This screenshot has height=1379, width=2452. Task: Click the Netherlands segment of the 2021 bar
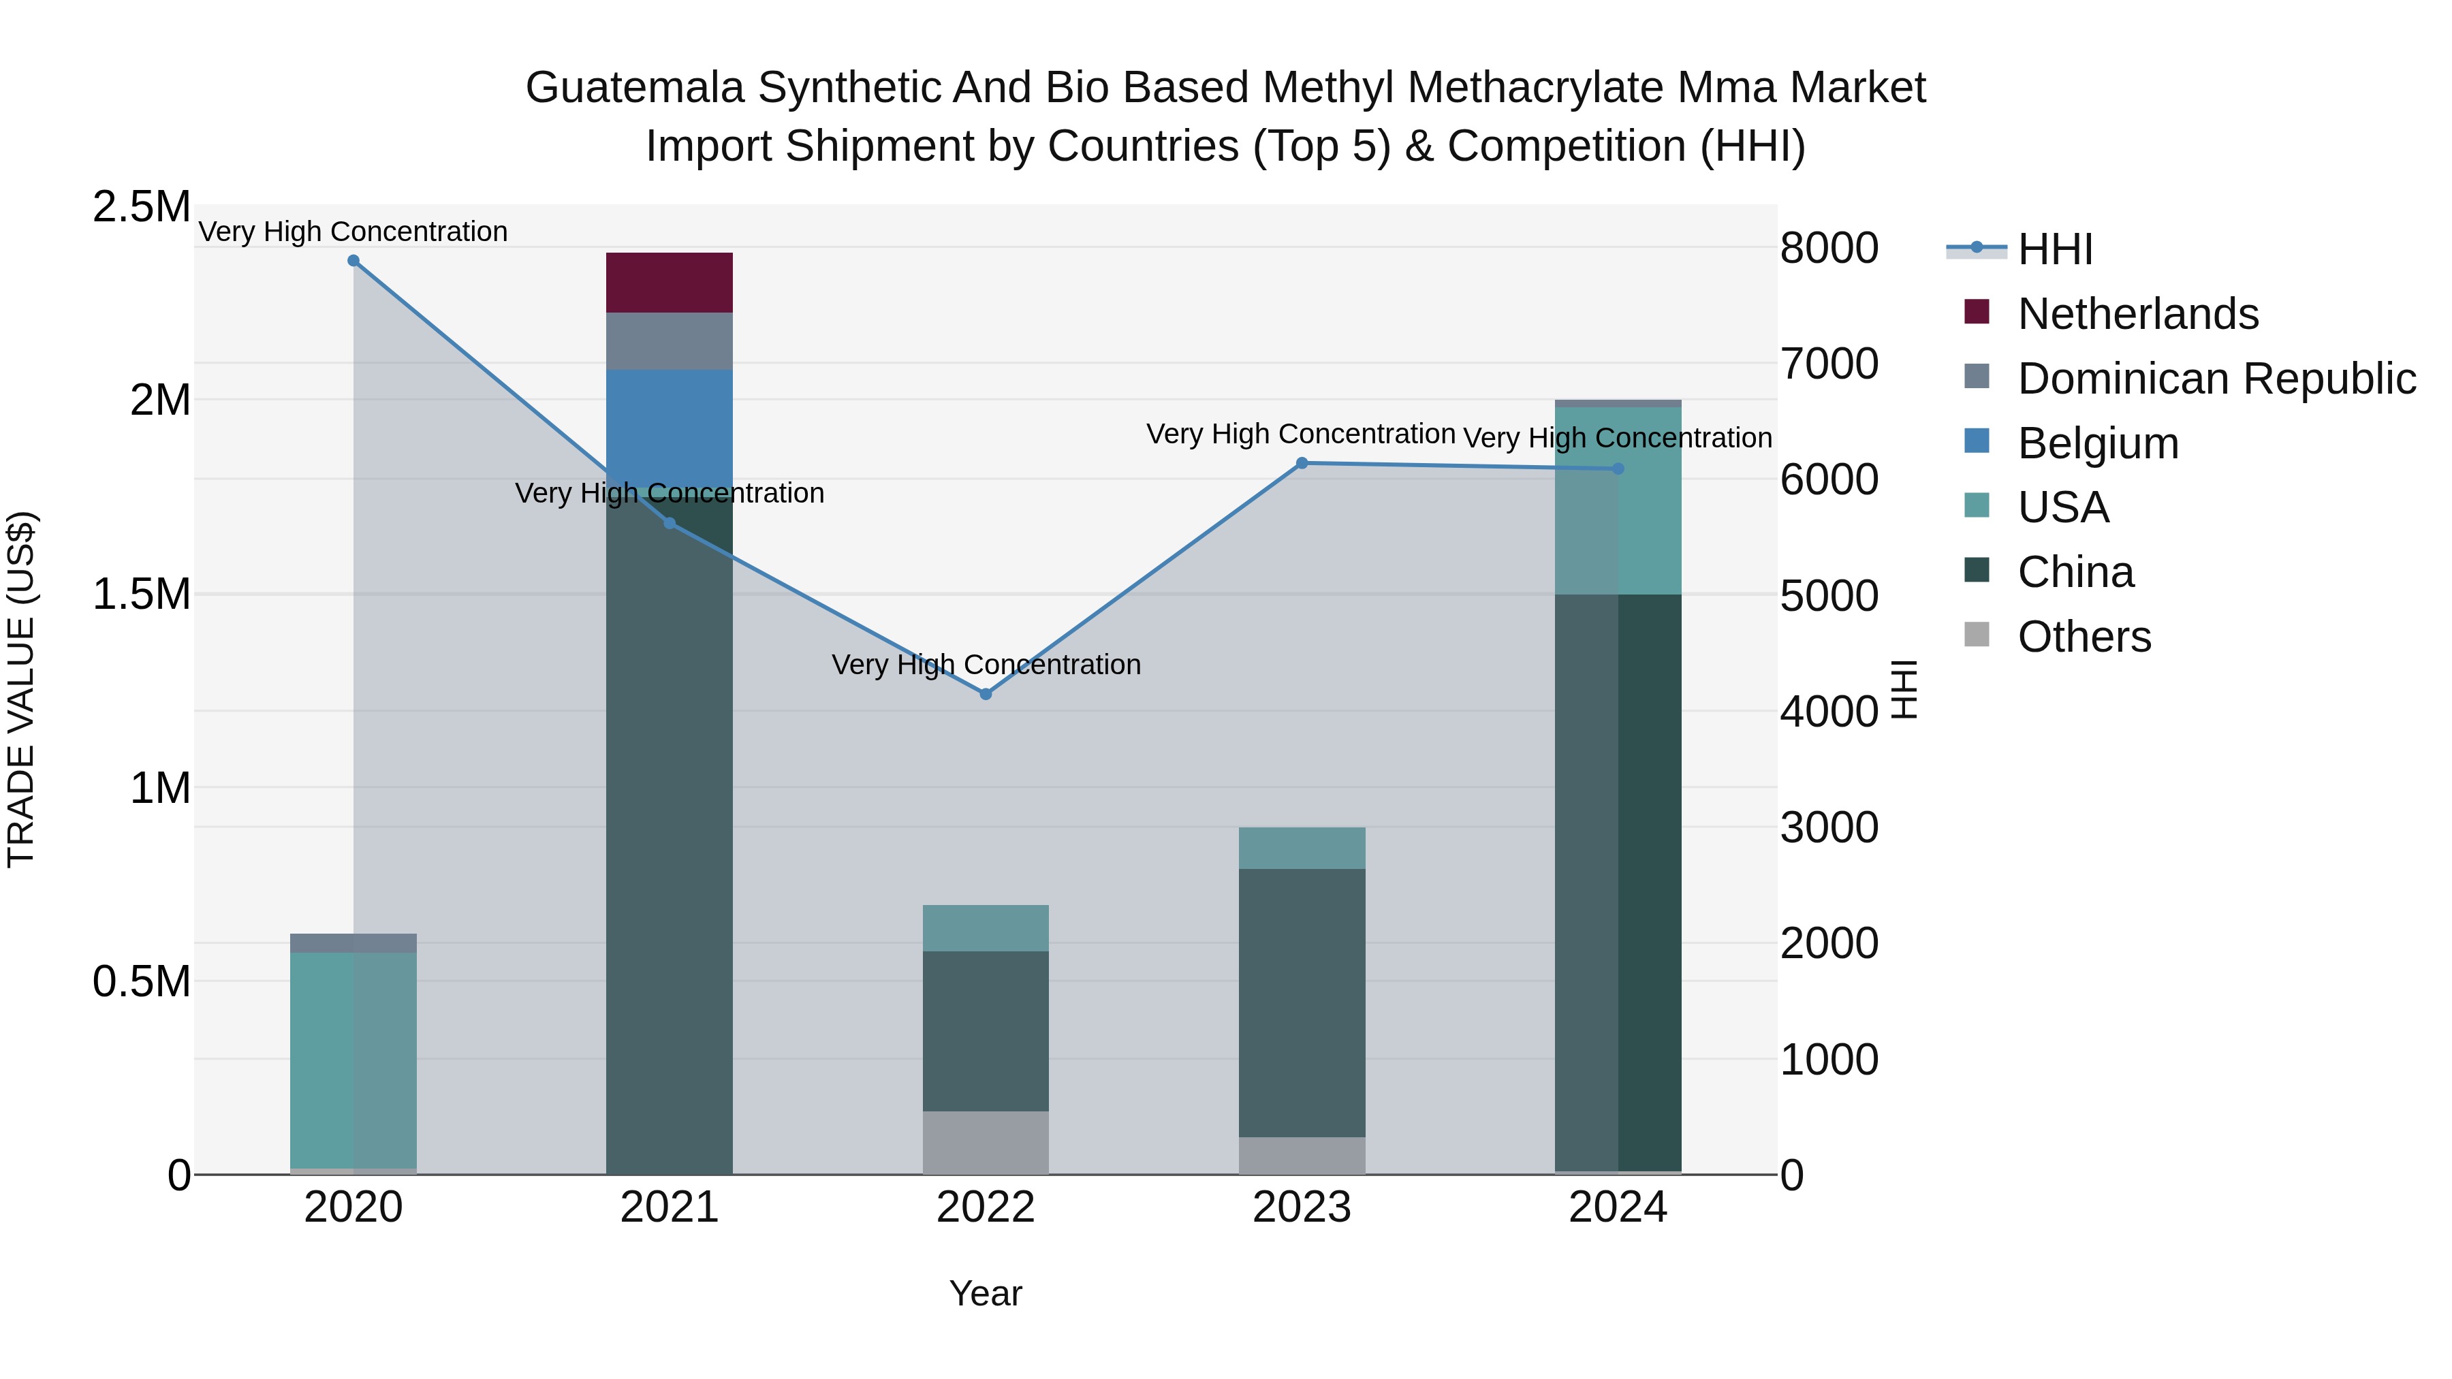669,283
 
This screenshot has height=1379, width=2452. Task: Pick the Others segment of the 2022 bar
985,1142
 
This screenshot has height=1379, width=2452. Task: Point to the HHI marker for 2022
985,694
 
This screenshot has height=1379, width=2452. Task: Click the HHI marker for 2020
353,261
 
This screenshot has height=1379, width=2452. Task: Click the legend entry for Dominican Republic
2216,379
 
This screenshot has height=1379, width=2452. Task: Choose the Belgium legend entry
2097,443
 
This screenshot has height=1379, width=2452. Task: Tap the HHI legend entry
2054,249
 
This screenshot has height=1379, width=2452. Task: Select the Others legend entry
2084,637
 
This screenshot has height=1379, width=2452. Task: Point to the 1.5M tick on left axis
141,595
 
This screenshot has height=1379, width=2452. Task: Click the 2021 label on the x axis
669,1207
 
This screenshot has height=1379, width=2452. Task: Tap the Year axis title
985,1293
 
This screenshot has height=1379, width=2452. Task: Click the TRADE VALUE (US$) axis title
21,689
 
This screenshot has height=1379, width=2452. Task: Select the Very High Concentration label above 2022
985,664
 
